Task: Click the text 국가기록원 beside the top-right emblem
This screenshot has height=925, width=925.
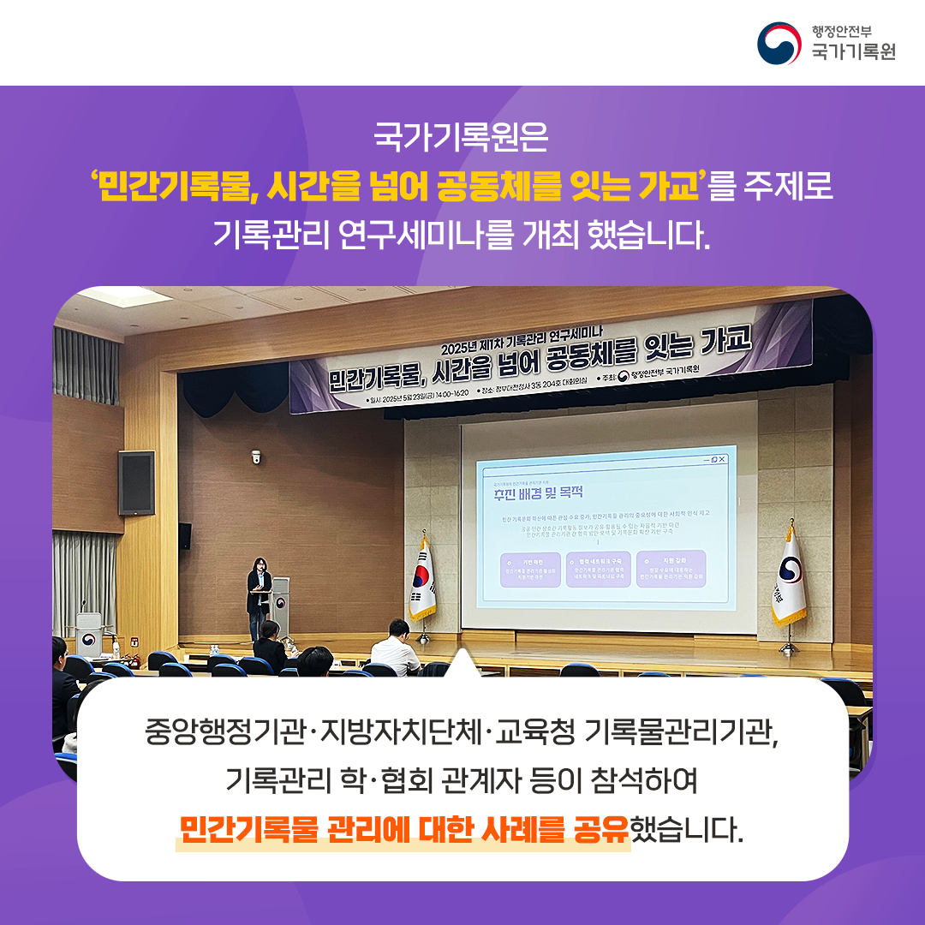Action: (x=853, y=51)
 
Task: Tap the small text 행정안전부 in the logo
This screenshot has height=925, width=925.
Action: (x=842, y=31)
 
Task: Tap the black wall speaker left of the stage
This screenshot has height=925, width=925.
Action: (x=136, y=482)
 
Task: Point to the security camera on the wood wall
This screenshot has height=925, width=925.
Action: (x=255, y=457)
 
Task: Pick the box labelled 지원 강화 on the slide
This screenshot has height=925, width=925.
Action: (x=671, y=568)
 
